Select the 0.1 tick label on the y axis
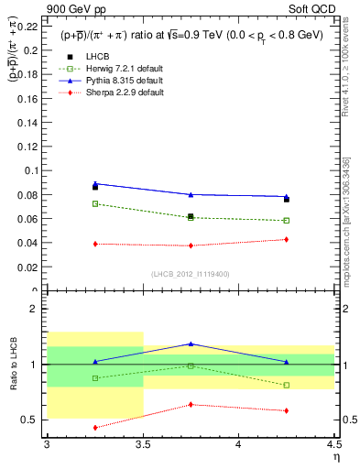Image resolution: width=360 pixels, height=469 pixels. [34, 170]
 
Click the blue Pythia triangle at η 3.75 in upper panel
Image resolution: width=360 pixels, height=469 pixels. [191, 194]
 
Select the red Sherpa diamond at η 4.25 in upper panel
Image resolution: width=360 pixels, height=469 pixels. [287, 239]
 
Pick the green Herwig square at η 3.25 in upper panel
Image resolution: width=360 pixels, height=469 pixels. [95, 203]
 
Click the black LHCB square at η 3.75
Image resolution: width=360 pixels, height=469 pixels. [191, 216]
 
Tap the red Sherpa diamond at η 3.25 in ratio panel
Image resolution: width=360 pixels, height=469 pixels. [95, 427]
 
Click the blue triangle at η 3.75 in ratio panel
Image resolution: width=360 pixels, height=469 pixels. [191, 344]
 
